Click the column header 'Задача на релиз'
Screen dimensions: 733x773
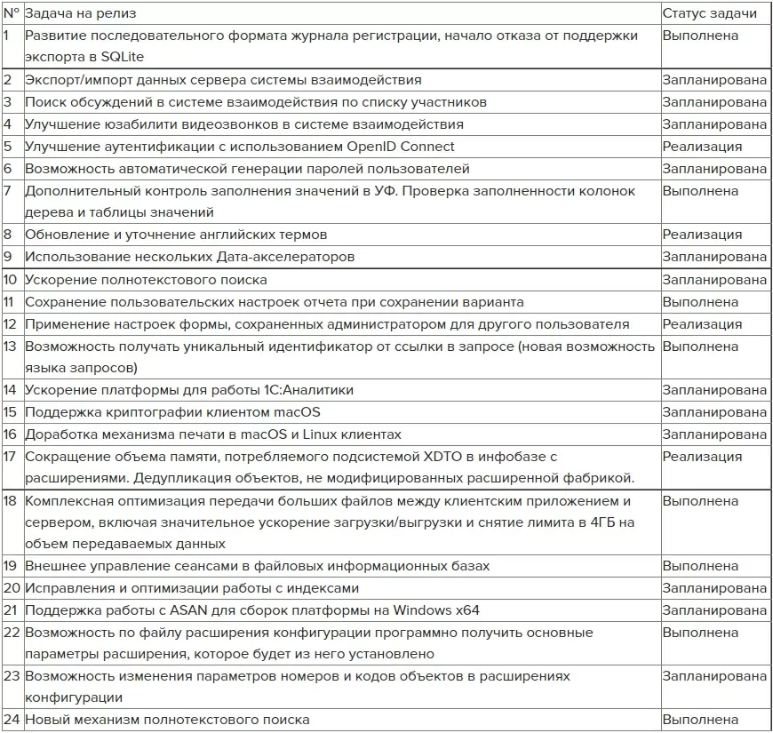point(81,13)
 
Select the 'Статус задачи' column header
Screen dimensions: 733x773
point(709,13)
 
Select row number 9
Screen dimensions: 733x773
point(8,257)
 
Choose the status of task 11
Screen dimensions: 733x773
point(700,302)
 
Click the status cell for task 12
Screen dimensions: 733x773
point(702,324)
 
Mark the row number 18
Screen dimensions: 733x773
point(11,500)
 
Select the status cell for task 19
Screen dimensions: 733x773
point(700,566)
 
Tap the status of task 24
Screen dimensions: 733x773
point(700,720)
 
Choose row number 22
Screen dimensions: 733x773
point(12,633)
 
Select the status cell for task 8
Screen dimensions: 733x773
point(702,235)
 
